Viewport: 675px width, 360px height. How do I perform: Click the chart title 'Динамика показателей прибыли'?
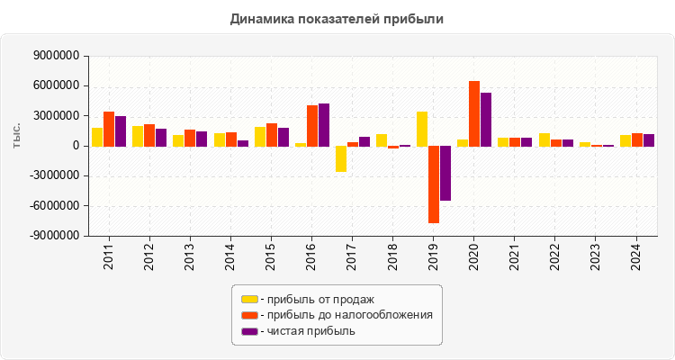tap(337, 18)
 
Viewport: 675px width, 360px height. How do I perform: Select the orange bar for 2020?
tap(474, 113)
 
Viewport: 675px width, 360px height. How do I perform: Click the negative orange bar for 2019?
tap(434, 184)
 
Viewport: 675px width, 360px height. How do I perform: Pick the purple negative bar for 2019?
tap(445, 173)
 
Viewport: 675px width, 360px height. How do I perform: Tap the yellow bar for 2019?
tap(422, 129)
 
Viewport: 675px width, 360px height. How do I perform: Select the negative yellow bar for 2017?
tap(341, 158)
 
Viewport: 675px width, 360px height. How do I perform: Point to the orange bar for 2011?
tap(109, 129)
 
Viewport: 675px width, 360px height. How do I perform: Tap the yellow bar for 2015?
tap(260, 136)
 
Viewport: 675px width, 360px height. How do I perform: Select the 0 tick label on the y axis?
tap(76, 146)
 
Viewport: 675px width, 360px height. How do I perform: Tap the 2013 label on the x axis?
tap(190, 256)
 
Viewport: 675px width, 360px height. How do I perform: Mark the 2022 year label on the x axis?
tap(556, 256)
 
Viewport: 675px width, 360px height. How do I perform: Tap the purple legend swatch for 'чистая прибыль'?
tap(249, 331)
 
